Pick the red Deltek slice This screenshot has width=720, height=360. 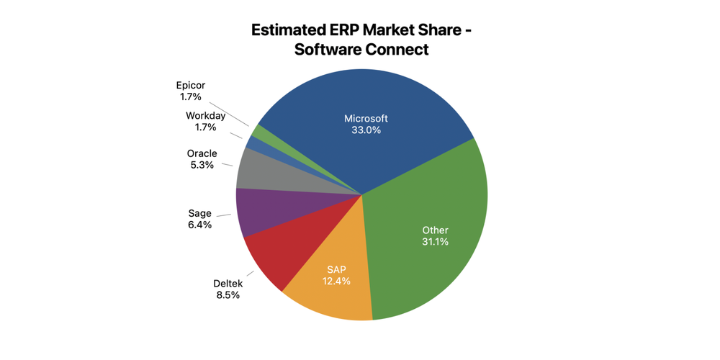277,256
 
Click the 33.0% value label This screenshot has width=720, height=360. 366,130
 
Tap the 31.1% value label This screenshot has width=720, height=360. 435,242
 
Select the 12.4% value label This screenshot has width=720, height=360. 337,281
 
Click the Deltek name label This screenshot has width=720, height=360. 228,283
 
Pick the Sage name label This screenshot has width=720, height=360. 199,212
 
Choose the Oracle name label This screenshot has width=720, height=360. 202,153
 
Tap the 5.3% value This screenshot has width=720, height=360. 202,165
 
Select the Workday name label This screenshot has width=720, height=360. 205,115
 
